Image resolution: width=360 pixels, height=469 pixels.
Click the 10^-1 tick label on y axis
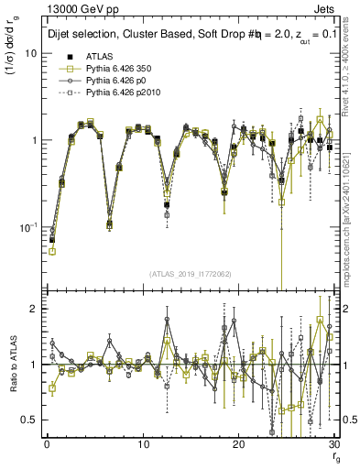click(26, 226)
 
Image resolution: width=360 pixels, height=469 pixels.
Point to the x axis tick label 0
click(46, 444)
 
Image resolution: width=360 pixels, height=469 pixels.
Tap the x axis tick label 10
click(142, 444)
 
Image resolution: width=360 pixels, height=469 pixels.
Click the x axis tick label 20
click(238, 444)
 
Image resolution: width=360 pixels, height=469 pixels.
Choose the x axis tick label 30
click(333, 444)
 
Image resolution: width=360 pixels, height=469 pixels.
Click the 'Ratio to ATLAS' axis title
click(11, 365)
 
